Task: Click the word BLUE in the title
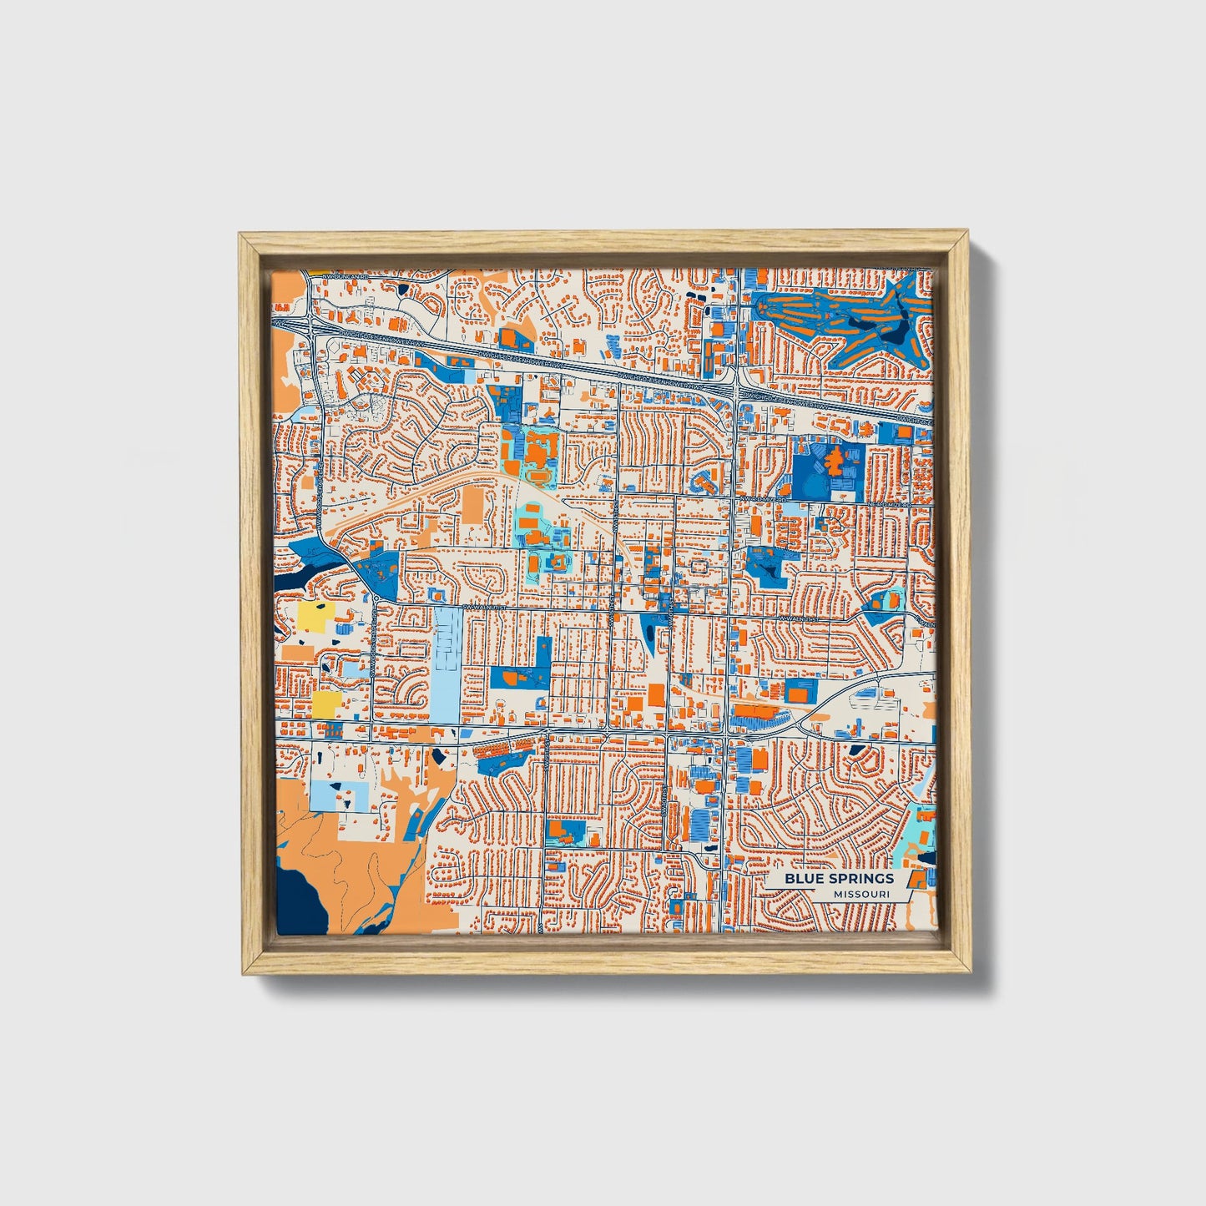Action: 803,878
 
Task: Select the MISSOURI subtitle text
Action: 860,894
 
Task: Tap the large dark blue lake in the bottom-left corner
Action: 297,897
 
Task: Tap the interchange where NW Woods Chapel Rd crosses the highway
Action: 310,327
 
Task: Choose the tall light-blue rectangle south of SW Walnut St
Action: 447,664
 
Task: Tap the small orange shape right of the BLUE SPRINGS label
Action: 917,877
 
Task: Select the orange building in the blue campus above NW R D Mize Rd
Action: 831,460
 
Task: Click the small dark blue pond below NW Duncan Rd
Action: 404,289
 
